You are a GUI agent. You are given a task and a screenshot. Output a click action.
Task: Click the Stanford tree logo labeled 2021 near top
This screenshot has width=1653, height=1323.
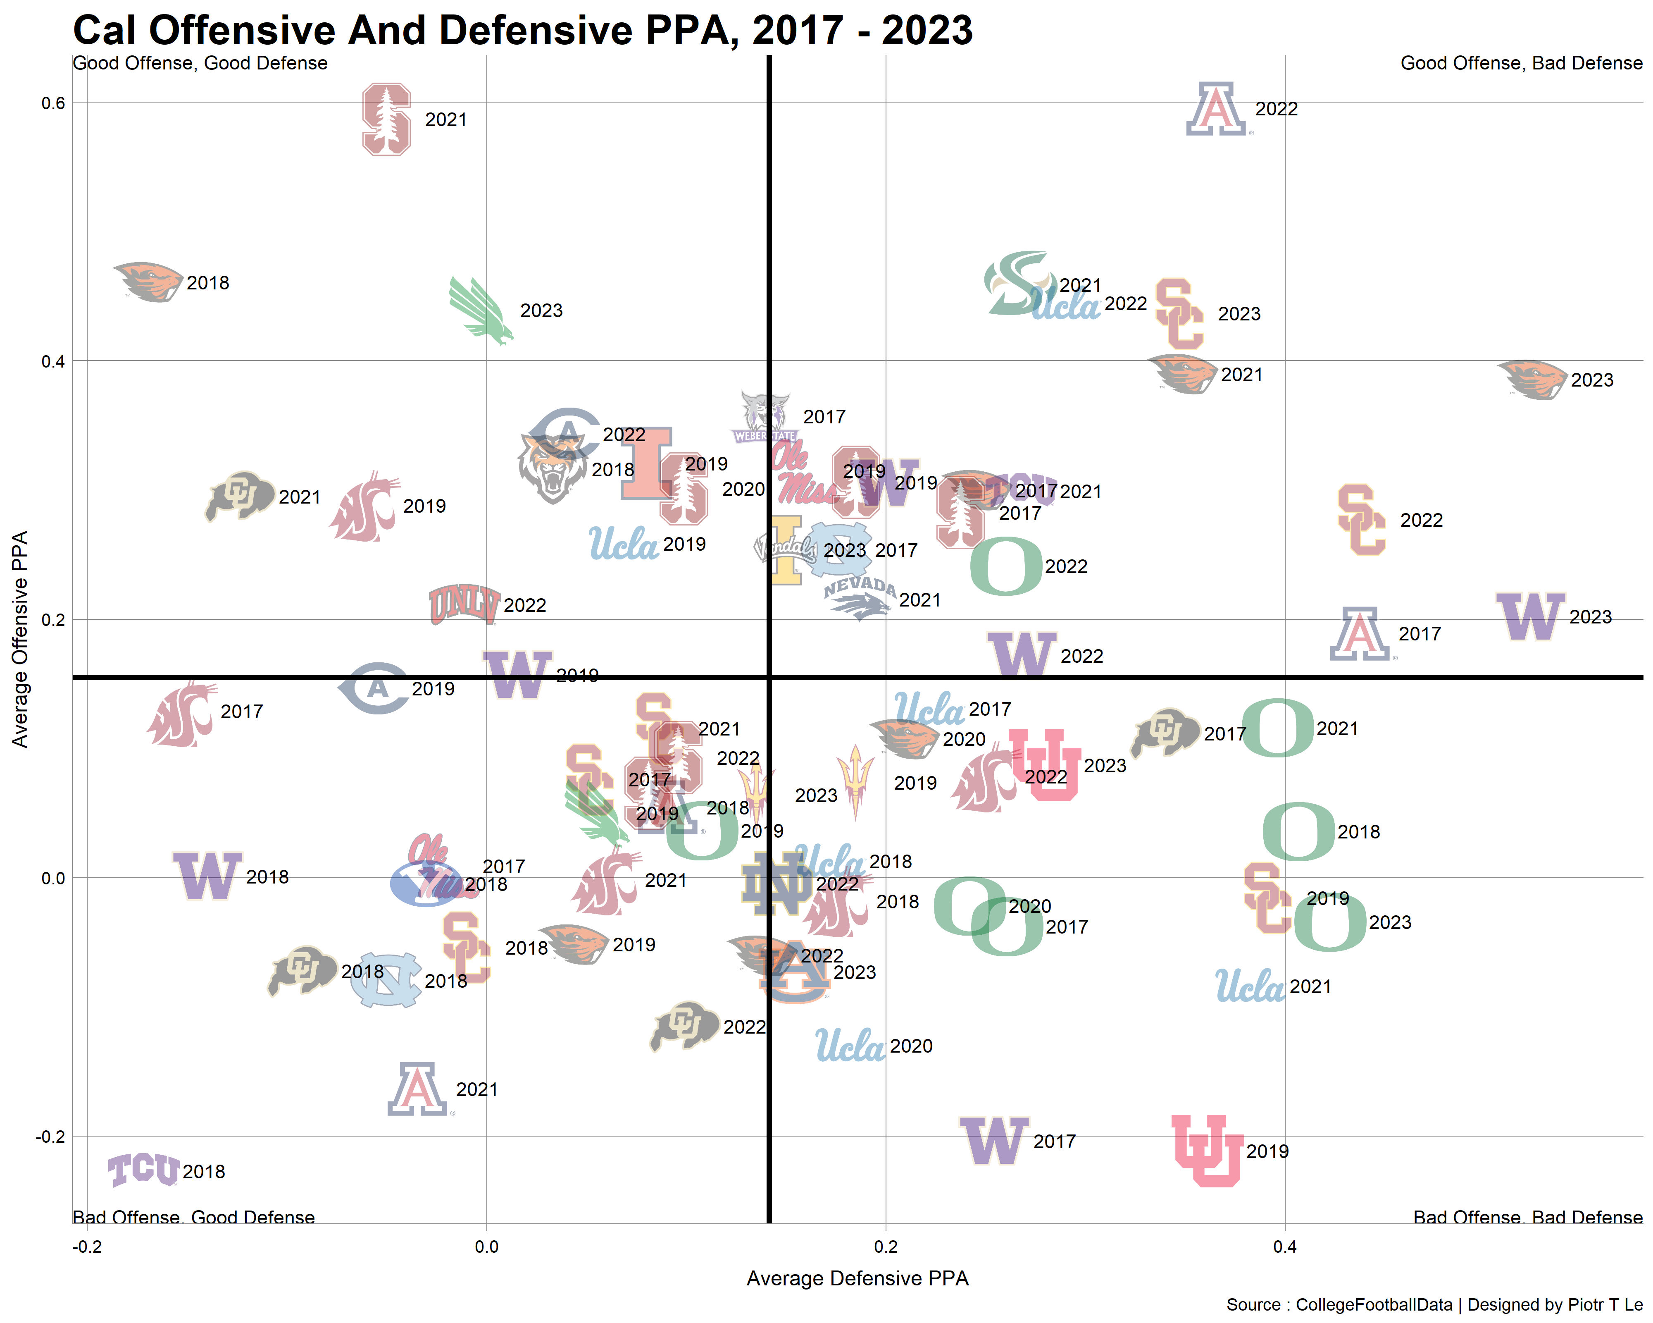(x=386, y=119)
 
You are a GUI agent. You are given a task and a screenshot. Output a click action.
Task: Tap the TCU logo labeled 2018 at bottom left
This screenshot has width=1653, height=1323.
(x=143, y=1170)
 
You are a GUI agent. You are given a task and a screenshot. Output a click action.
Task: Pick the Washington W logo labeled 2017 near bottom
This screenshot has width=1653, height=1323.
(x=994, y=1140)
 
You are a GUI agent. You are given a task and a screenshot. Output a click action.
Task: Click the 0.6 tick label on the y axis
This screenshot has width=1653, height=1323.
(x=53, y=103)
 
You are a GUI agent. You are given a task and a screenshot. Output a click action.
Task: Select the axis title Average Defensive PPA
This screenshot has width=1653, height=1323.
(x=857, y=1278)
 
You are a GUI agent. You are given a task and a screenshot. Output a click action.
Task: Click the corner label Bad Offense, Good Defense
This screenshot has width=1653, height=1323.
(x=193, y=1217)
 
